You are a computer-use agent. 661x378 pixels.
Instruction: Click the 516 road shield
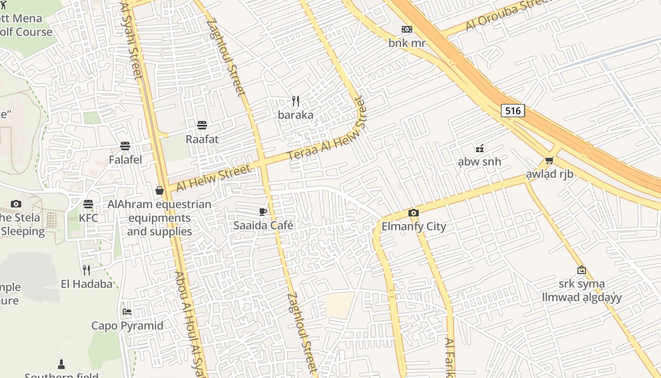click(x=513, y=111)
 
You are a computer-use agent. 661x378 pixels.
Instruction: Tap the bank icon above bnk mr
click(x=407, y=29)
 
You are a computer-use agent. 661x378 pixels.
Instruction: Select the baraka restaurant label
click(x=296, y=115)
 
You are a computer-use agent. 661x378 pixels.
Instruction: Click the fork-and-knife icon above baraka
click(x=296, y=101)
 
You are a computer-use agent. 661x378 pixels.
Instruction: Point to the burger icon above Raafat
click(x=202, y=125)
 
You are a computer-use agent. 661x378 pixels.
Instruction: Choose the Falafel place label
click(x=126, y=160)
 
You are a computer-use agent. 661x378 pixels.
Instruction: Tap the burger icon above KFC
click(x=88, y=204)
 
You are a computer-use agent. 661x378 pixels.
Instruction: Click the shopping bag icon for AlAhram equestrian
click(x=160, y=190)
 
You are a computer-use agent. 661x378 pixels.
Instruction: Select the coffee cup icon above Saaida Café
click(x=263, y=212)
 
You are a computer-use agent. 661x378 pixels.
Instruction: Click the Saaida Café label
click(x=263, y=226)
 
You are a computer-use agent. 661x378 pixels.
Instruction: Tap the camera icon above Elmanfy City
click(x=414, y=213)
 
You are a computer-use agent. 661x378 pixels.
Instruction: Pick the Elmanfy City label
click(x=414, y=226)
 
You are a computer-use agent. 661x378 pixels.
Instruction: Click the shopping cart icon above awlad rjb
click(x=549, y=161)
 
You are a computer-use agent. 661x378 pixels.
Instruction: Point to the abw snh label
click(x=479, y=162)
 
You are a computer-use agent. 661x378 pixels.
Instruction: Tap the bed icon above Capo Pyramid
click(x=127, y=312)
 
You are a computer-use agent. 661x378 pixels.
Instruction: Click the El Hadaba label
click(x=87, y=284)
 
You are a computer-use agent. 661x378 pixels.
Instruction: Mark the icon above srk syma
click(x=582, y=270)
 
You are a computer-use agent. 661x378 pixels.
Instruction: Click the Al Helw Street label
click(x=213, y=178)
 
